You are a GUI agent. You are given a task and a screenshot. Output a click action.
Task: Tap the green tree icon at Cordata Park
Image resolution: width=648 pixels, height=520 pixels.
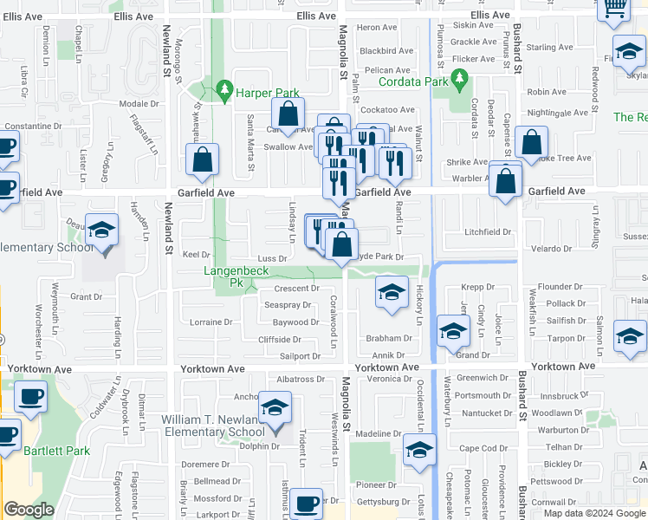458,82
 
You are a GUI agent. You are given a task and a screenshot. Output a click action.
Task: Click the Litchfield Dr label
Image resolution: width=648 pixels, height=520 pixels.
489,231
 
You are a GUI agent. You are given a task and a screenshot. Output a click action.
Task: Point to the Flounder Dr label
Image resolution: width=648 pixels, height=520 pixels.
561,287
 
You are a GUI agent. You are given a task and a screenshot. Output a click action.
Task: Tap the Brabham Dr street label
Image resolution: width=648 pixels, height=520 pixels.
389,339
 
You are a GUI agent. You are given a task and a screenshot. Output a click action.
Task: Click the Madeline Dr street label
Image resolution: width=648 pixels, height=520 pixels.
379,433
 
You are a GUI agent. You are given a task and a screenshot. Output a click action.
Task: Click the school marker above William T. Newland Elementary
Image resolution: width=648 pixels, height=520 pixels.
275,408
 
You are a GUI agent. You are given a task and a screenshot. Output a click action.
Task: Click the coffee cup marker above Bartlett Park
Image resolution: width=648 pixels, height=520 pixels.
30,398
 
